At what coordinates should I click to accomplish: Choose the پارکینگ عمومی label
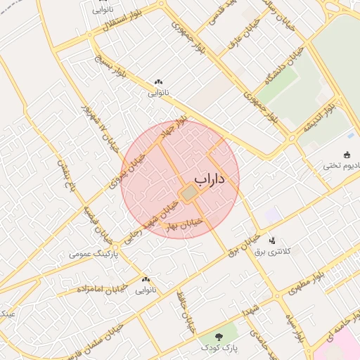[x=94, y=253]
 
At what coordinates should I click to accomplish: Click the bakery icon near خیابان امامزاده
[x=146, y=279]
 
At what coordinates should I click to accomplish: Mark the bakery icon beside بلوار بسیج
[x=158, y=82]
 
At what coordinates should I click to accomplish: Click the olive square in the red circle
[x=188, y=192]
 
